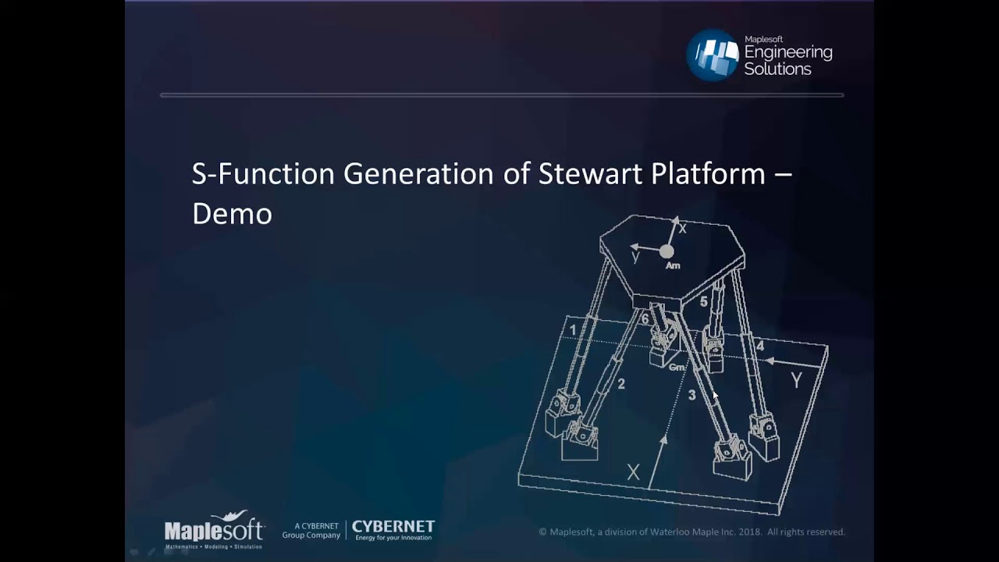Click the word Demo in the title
coord(232,213)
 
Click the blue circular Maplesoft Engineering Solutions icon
coord(713,55)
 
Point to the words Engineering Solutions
coord(787,60)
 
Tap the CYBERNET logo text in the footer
coord(393,527)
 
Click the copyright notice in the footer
coord(691,532)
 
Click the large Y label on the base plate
coord(796,381)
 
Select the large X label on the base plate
coord(633,472)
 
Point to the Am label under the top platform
coord(673,266)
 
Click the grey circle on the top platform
coord(667,251)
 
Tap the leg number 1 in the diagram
coord(573,330)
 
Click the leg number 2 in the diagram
coord(621,384)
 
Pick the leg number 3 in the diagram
coord(691,396)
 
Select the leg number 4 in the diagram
coord(760,346)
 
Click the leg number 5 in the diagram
coord(703,301)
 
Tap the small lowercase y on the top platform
coord(635,257)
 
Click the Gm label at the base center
coord(677,367)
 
